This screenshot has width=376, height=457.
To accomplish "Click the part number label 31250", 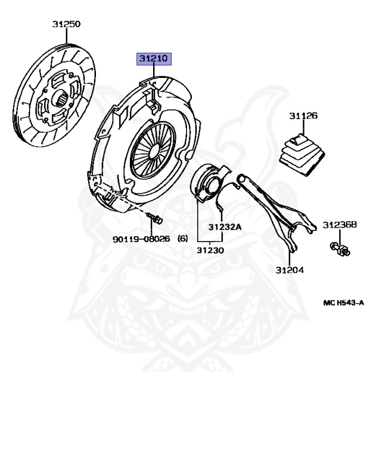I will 66,24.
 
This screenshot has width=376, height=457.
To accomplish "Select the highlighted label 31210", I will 154,59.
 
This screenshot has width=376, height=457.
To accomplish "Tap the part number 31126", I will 303,115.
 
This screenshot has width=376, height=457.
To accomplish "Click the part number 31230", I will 210,251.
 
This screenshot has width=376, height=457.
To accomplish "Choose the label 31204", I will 290,270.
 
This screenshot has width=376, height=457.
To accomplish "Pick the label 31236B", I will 340,225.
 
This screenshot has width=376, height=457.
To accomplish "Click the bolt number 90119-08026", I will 141,239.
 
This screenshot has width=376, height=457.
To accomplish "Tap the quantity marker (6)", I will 182,239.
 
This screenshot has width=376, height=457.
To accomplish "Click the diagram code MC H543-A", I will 343,303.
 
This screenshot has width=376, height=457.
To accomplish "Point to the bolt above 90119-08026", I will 156,219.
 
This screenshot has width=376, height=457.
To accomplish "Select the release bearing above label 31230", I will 210,182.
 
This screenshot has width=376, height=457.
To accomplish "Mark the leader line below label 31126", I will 303,129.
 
